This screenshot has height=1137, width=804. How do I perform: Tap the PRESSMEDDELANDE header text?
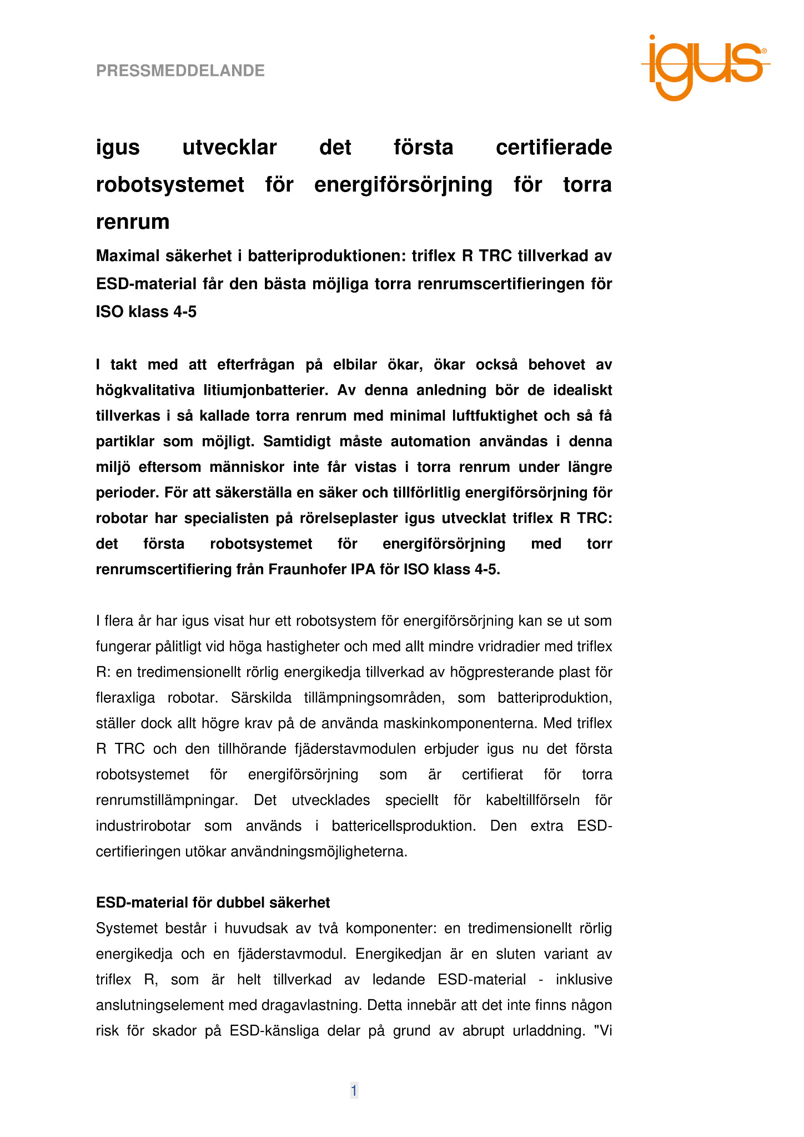[x=180, y=71]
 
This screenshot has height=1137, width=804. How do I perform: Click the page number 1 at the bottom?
[x=354, y=1090]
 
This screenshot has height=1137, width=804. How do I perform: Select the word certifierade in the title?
[x=554, y=148]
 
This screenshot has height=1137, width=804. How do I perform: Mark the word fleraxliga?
[x=125, y=698]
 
